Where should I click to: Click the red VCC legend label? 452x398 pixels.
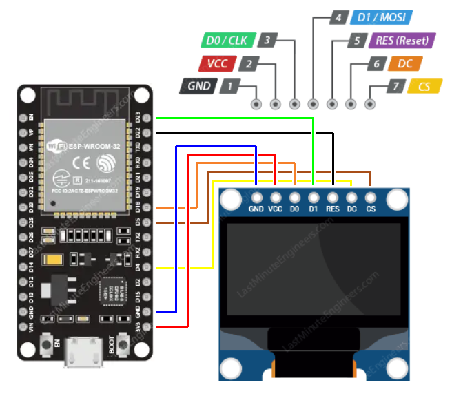click(216, 64)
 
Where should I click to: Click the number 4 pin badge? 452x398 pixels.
click(338, 18)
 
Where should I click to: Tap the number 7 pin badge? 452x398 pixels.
click(394, 87)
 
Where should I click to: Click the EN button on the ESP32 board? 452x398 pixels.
click(48, 343)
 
